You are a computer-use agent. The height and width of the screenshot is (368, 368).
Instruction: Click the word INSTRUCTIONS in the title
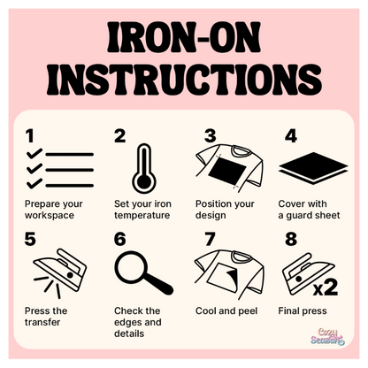click(x=184, y=79)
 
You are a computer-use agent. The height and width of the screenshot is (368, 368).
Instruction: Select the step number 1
click(x=29, y=136)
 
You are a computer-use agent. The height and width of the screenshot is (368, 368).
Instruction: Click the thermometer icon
click(x=144, y=168)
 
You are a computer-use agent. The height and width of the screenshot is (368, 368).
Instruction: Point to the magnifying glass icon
click(x=143, y=272)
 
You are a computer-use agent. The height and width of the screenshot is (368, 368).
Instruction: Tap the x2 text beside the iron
click(x=326, y=287)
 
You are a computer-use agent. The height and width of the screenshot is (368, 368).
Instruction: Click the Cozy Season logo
click(x=327, y=337)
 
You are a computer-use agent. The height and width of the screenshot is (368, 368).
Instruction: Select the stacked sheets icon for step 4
click(x=313, y=168)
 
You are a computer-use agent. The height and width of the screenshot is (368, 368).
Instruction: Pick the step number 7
click(x=210, y=239)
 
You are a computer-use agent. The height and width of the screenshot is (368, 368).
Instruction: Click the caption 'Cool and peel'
click(x=226, y=310)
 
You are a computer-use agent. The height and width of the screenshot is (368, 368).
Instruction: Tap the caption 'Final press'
click(x=303, y=310)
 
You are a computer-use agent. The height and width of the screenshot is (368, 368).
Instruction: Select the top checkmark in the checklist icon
click(x=34, y=153)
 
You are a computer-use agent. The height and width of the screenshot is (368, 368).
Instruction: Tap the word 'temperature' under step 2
click(x=142, y=215)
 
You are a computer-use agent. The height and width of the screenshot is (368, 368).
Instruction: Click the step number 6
click(x=119, y=239)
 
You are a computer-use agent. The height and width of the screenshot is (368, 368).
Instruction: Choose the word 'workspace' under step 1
click(x=50, y=215)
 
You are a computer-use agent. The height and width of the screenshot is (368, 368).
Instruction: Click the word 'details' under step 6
click(x=129, y=333)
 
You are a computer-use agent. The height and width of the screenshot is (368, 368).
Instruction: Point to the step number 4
click(x=291, y=136)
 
